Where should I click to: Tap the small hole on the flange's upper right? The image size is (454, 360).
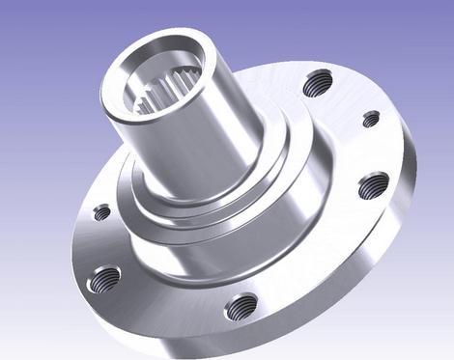tap(371, 119)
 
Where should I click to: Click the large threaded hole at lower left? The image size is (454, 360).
tap(104, 280)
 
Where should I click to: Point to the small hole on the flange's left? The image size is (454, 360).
tap(101, 212)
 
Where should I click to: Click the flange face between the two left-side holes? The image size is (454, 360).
tap(97, 246)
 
